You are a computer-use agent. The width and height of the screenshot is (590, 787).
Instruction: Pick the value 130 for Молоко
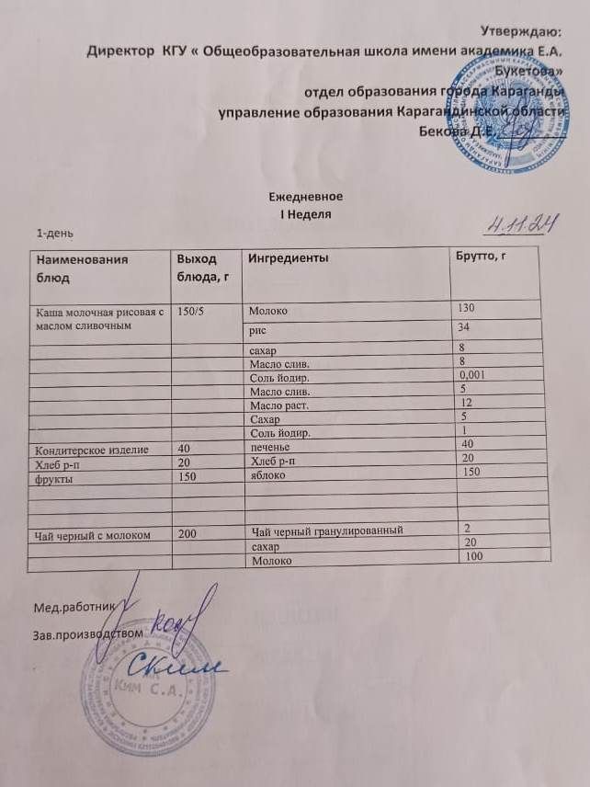[x=468, y=307]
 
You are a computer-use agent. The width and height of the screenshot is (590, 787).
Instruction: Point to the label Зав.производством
[x=88, y=634]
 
